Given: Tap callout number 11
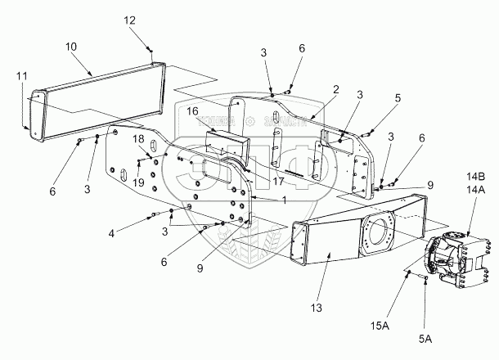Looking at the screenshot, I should click(x=21, y=77).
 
